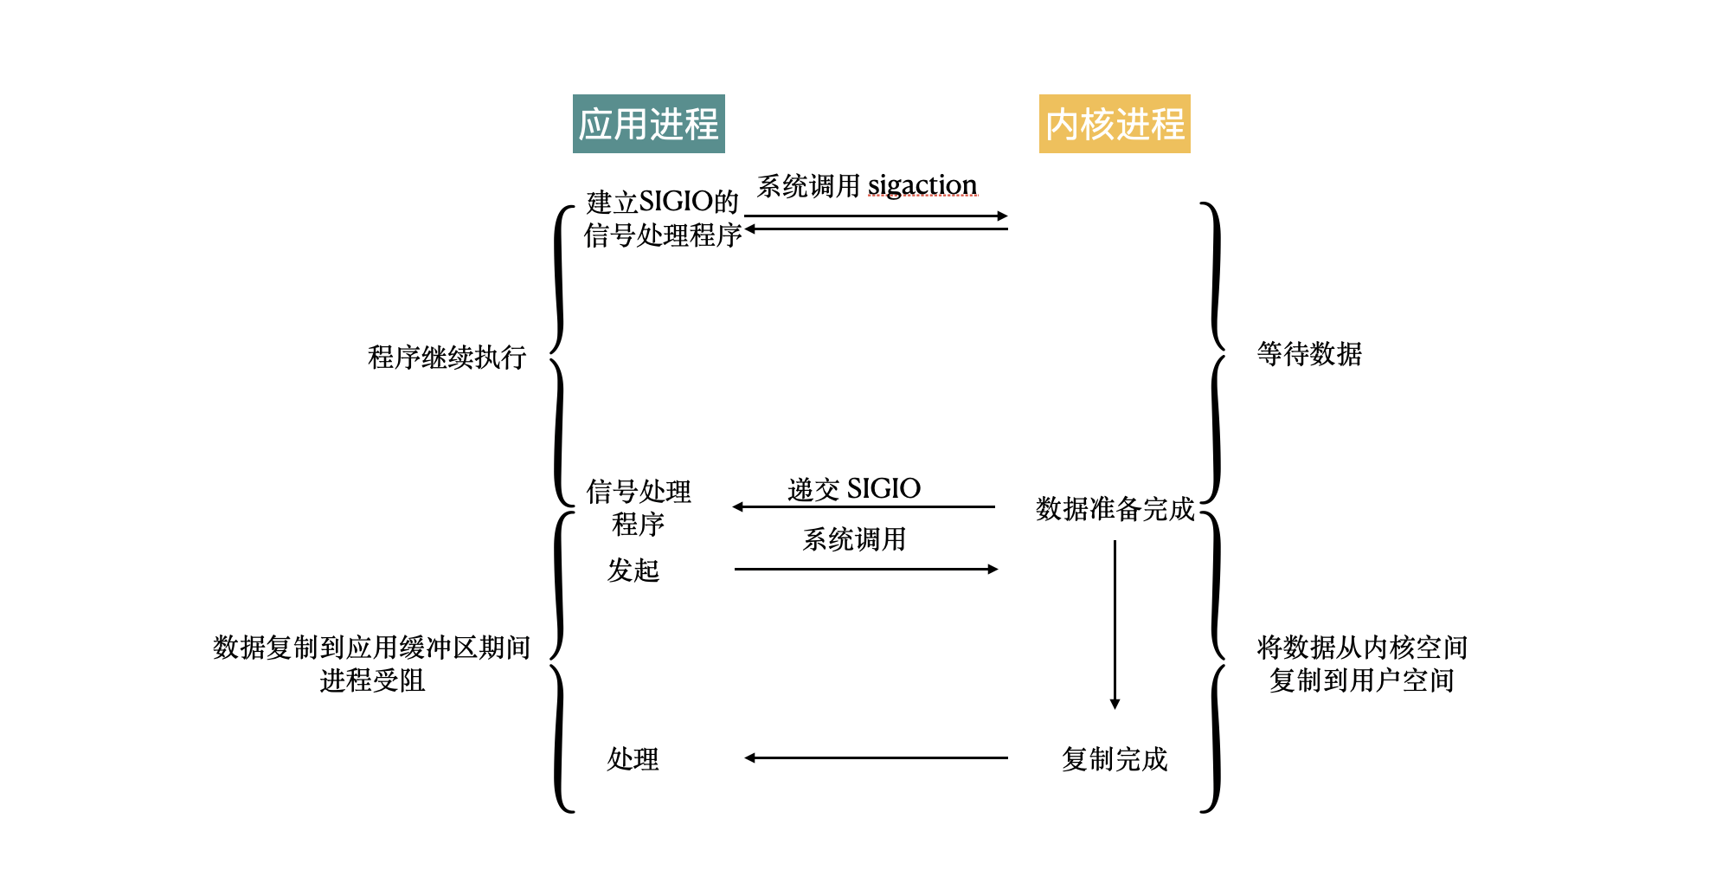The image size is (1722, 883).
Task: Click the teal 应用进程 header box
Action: coord(648,124)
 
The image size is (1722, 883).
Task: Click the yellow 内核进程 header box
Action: coord(1114,124)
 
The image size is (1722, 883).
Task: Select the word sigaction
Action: coord(922,184)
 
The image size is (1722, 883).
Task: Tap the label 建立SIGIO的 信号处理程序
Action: coord(662,218)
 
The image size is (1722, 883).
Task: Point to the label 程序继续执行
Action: coord(447,357)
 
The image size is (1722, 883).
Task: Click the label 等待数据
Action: coord(1308,353)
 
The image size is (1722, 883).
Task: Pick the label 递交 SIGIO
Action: coord(853,488)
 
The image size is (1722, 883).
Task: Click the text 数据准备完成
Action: coord(1115,508)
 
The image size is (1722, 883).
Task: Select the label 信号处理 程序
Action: coord(638,507)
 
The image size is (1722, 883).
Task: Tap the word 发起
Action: coord(633,570)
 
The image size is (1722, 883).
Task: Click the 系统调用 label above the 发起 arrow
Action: coord(853,539)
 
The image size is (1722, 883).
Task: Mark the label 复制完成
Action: coord(1115,759)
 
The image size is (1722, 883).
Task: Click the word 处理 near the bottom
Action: coord(633,759)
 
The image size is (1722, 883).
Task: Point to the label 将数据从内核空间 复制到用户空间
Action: coord(1361,663)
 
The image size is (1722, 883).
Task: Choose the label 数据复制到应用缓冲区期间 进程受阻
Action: coord(371,663)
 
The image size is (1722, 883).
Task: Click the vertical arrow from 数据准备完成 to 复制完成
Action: coord(1115,623)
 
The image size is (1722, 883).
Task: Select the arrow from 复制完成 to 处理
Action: coord(876,757)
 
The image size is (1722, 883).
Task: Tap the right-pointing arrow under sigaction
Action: coord(876,216)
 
